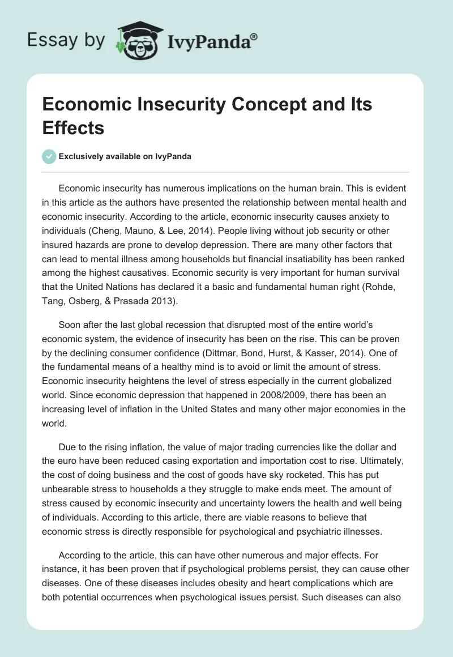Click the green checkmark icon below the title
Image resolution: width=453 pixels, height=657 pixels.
click(x=49, y=156)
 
